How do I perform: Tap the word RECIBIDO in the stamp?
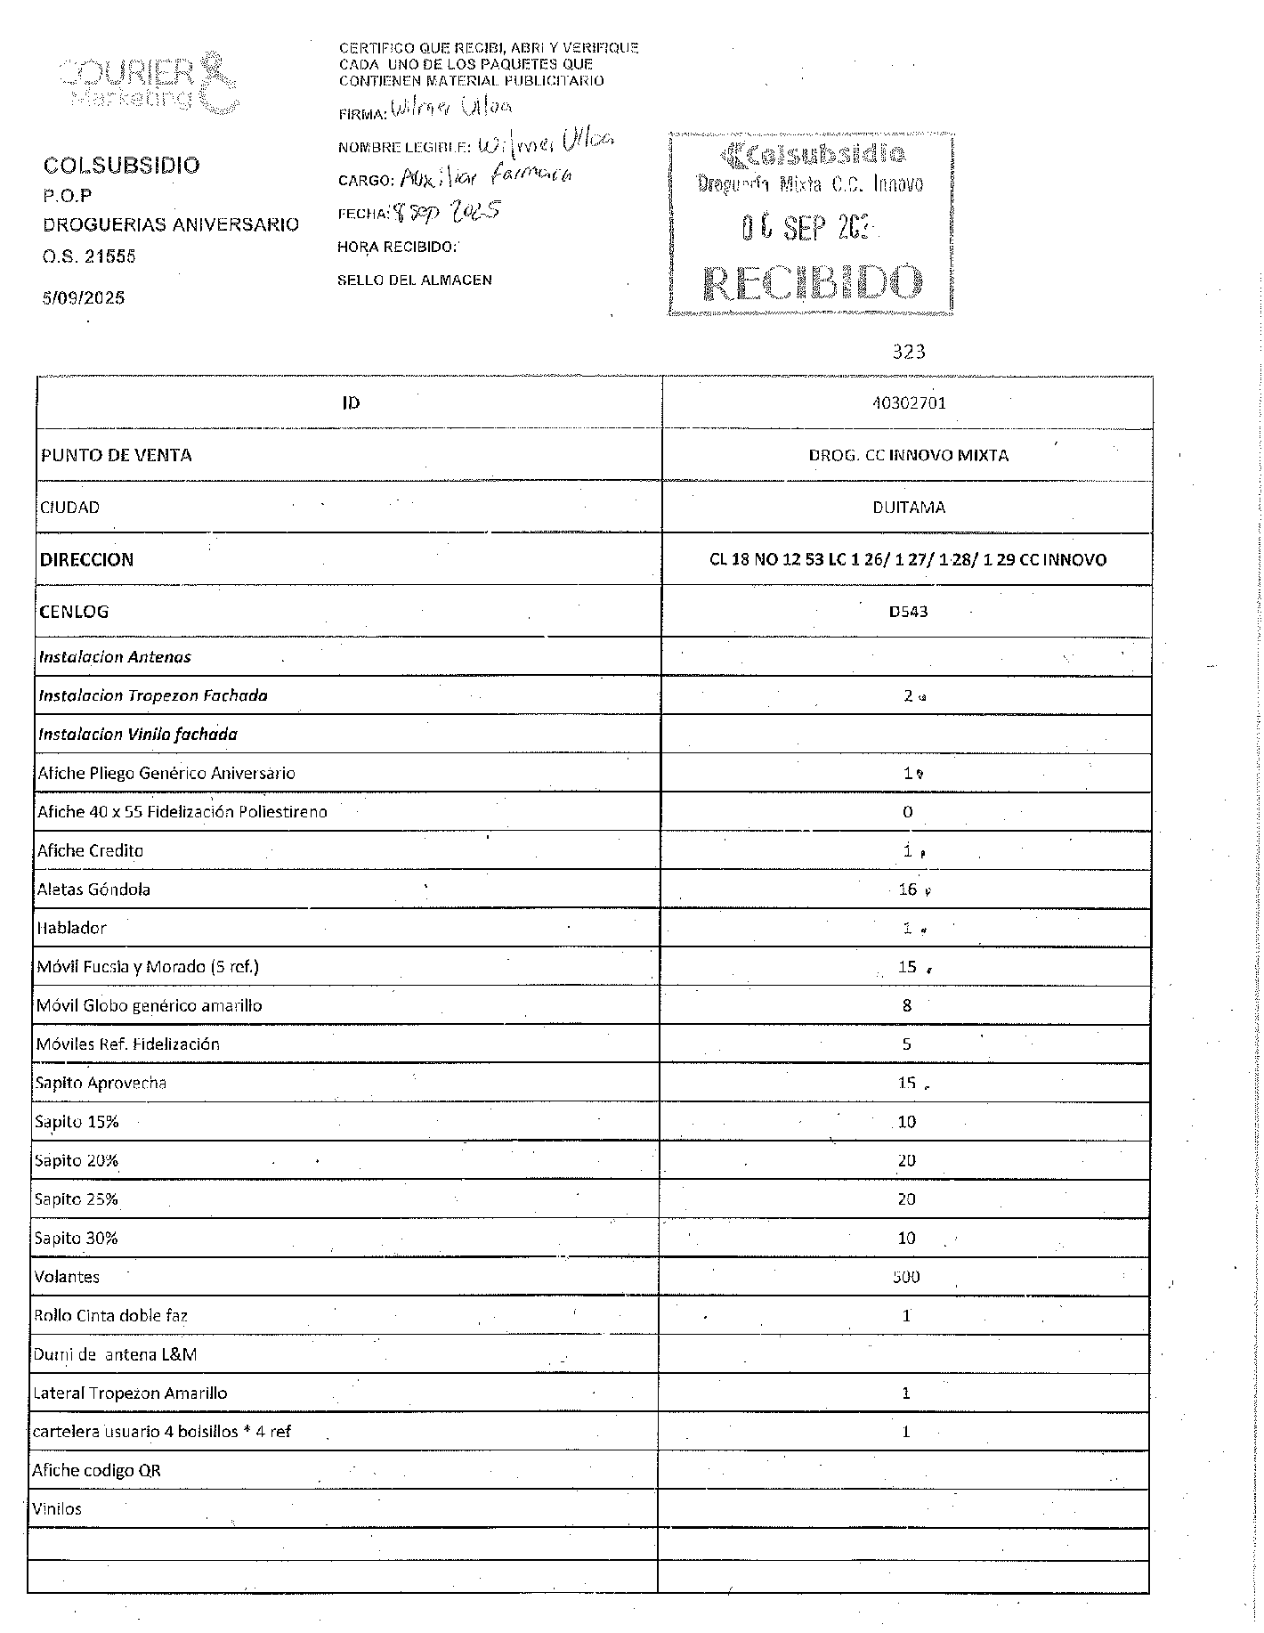pos(812,282)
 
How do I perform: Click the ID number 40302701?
pos(909,402)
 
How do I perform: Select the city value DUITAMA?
pos(909,508)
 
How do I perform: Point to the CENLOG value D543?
pos(908,612)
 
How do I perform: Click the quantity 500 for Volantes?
pos(906,1277)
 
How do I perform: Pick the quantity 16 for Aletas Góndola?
pos(907,889)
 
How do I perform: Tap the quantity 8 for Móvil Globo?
pos(907,1005)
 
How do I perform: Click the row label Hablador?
pos(71,928)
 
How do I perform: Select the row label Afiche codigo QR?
pos(96,1470)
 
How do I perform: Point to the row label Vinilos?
pos(57,1509)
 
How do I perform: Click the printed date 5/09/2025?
pos(84,297)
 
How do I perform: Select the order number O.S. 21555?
pos(89,256)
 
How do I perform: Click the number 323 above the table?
pos(909,352)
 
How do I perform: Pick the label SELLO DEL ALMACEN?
pos(414,280)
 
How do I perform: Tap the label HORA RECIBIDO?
pos(397,247)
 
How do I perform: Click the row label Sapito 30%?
pos(76,1238)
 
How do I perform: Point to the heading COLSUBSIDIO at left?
pos(122,165)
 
